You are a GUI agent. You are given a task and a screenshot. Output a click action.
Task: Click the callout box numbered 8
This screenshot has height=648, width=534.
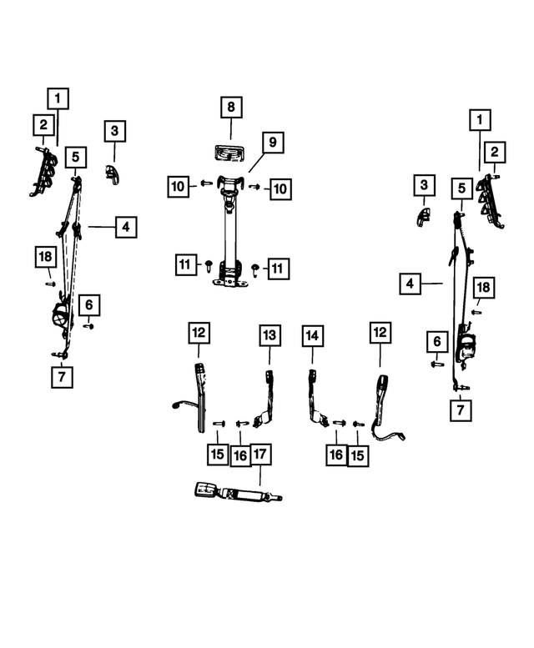[x=231, y=108]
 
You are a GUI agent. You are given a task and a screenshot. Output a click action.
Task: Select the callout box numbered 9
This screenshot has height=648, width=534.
[x=273, y=143]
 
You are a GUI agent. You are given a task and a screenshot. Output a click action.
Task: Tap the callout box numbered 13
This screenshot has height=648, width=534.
[x=270, y=335]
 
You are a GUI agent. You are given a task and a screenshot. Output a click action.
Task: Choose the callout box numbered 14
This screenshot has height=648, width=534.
[x=312, y=336]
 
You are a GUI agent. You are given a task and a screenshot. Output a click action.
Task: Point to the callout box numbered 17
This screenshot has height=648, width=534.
[x=260, y=455]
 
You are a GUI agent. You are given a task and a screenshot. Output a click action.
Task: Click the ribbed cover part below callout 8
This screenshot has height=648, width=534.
[x=229, y=153]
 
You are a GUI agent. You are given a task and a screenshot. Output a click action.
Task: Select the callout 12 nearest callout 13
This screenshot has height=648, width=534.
[x=199, y=333]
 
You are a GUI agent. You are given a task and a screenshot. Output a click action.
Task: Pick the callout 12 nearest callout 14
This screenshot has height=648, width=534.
[x=380, y=332]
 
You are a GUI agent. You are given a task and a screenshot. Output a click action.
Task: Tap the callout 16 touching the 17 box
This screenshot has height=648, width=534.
[x=240, y=455]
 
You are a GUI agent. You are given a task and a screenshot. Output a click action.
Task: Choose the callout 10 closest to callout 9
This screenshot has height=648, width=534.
[x=280, y=189]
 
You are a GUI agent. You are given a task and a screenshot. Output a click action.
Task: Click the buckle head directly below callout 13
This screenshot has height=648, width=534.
[x=270, y=376]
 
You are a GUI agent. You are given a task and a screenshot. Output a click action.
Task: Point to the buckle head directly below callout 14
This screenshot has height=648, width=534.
[x=312, y=375]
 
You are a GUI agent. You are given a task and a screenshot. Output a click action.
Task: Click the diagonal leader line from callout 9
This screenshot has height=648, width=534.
[x=257, y=163]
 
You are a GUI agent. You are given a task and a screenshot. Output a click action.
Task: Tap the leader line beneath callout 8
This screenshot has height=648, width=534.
[x=230, y=129]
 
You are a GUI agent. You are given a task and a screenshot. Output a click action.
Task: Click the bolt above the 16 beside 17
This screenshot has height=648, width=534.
[x=242, y=424]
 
